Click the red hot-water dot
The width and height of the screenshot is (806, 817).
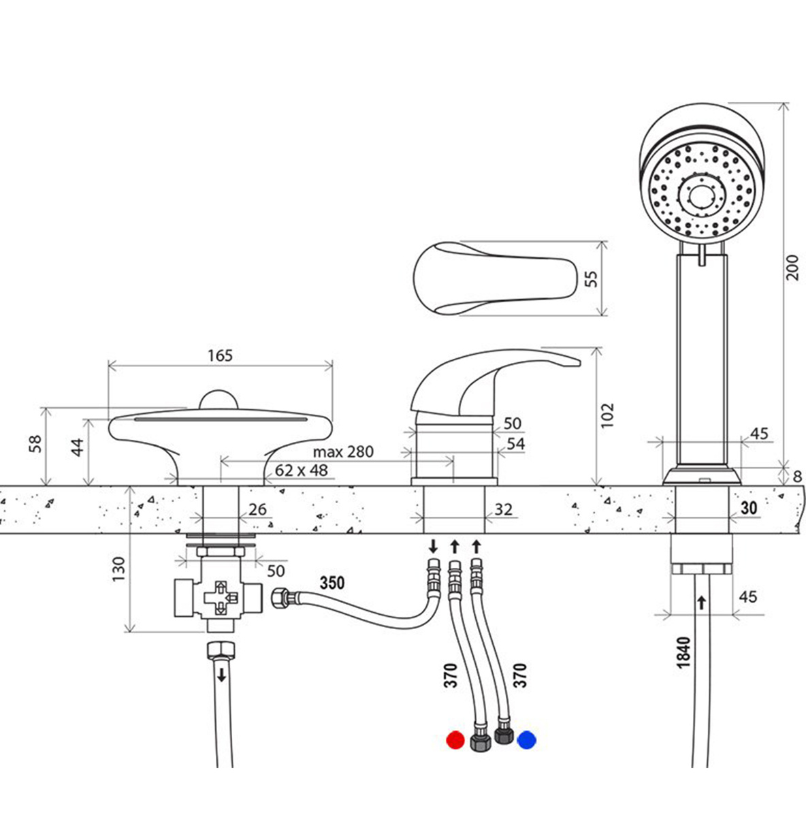[x=454, y=739]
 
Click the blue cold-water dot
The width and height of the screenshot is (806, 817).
[x=526, y=739]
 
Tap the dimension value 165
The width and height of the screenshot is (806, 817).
[x=220, y=355]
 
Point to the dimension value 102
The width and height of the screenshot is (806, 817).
[x=608, y=415]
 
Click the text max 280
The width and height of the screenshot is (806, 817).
[x=343, y=451]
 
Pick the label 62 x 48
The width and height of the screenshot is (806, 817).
[x=301, y=470]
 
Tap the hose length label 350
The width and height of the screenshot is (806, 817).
[x=332, y=583]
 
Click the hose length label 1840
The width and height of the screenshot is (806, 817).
[x=683, y=651]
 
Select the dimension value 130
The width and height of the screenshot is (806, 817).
[x=119, y=568]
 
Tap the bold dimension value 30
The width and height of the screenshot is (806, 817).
[x=749, y=507]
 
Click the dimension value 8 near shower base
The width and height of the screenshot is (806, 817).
[x=797, y=476]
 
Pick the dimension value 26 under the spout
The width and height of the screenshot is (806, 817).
[x=257, y=509]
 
